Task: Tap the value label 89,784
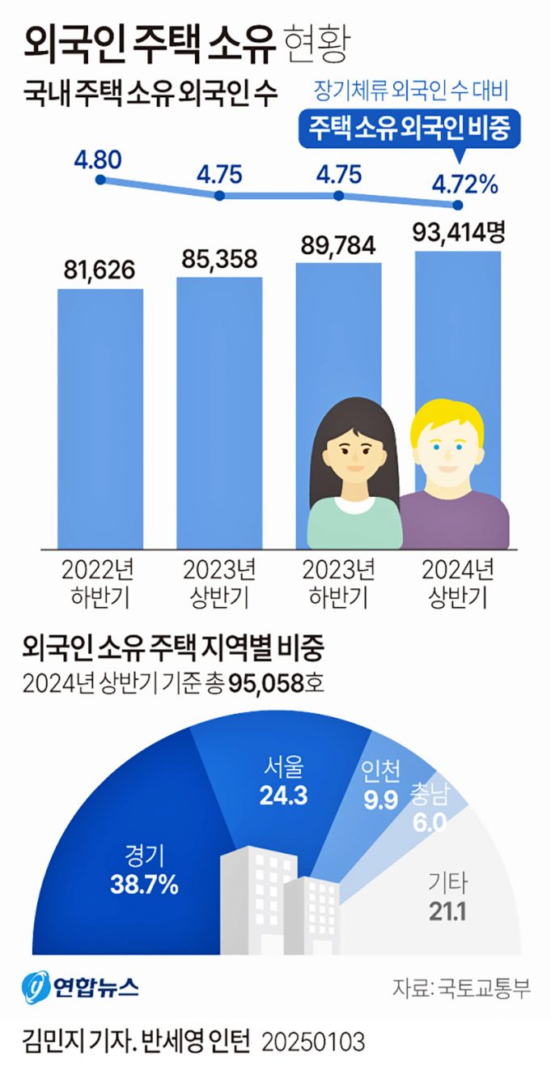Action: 339,245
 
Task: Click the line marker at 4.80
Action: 100,180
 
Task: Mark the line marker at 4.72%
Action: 459,204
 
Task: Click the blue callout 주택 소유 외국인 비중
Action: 408,130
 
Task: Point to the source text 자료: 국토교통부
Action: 461,988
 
